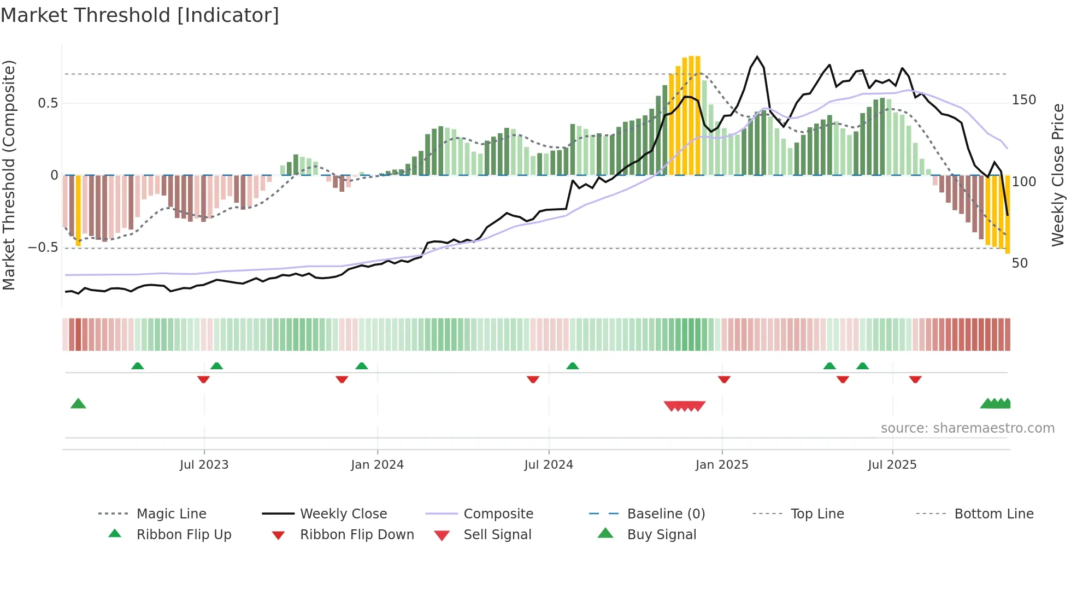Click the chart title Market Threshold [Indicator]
[x=140, y=15]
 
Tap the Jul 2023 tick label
[x=204, y=465]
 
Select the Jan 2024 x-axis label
[x=377, y=465]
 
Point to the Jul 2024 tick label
[x=549, y=465]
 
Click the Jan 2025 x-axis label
[x=722, y=465]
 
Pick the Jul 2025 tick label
[x=892, y=465]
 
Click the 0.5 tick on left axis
[x=48, y=103]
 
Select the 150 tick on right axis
[x=1024, y=100]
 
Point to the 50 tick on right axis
[x=1020, y=263]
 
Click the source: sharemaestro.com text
[x=967, y=428]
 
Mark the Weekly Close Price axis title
[x=1058, y=175]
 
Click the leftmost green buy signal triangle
[x=78, y=404]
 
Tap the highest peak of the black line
[x=757, y=57]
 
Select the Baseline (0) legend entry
[x=666, y=514]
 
